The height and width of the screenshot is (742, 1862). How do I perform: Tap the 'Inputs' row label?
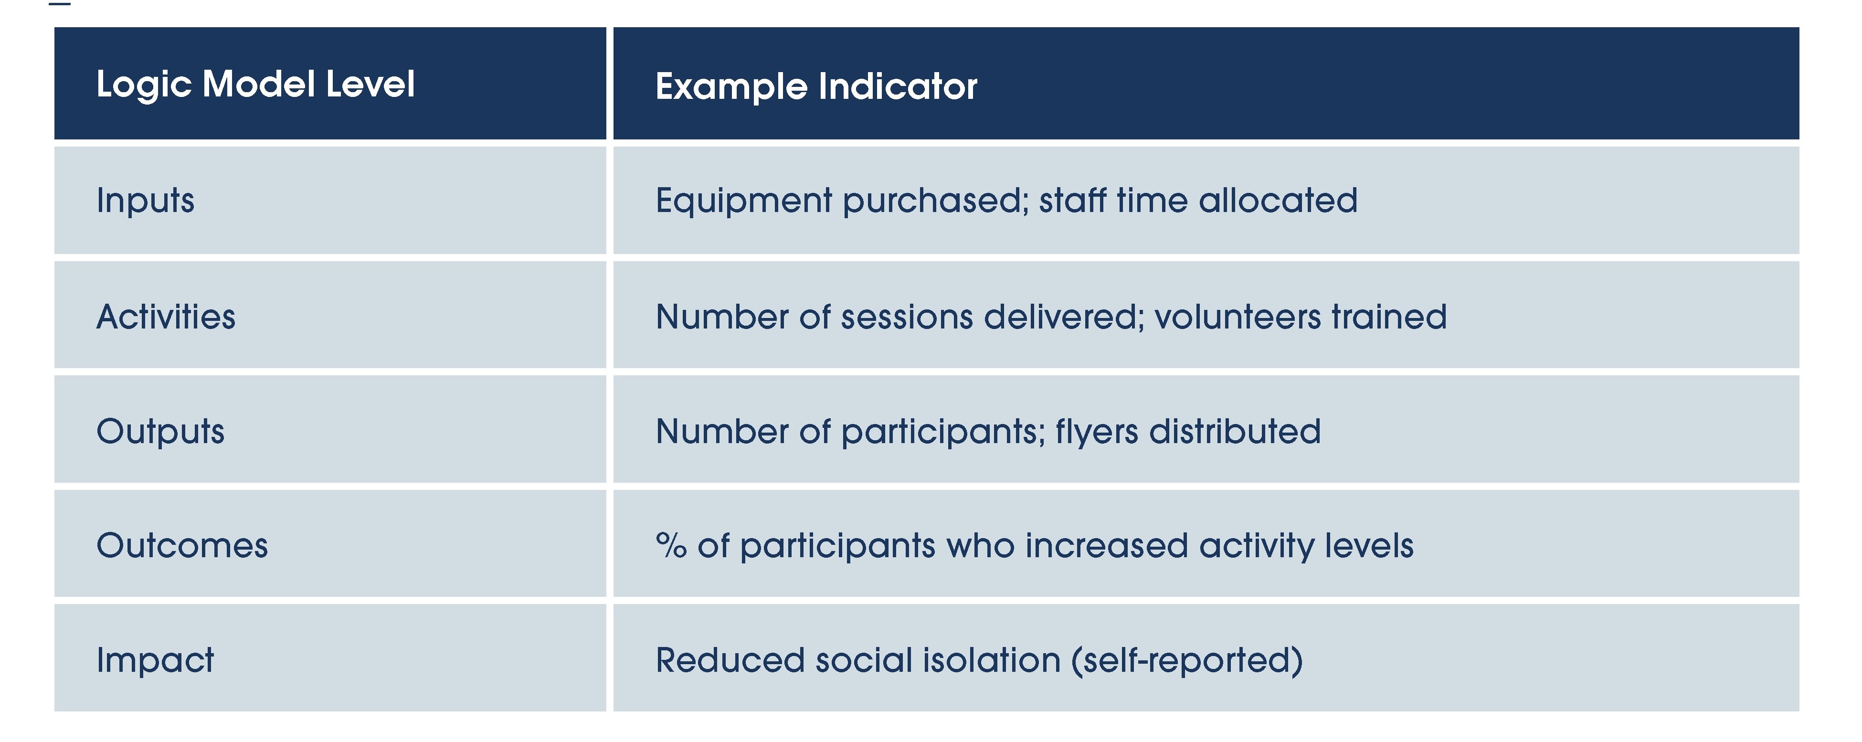pos(145,201)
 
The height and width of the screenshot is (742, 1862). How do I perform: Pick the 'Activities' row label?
pos(166,317)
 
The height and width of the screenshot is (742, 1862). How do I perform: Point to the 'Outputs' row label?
pos(160,432)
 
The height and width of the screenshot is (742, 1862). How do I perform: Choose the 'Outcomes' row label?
pos(182,545)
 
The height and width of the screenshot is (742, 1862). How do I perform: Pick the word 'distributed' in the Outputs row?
pos(1235,431)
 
